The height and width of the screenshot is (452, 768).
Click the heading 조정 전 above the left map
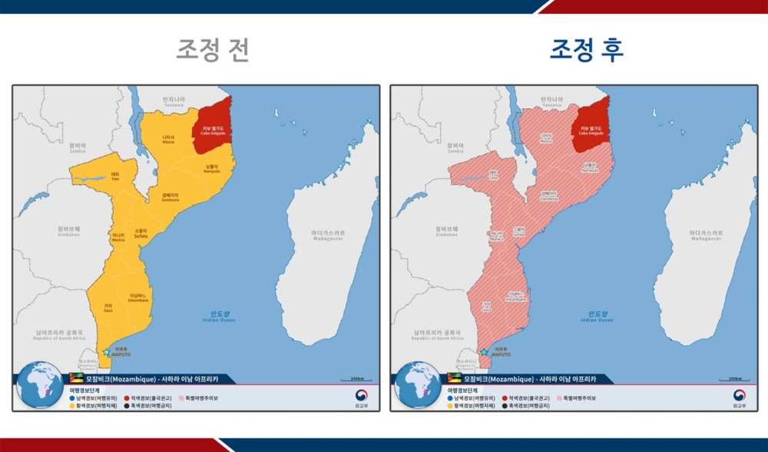click(x=213, y=50)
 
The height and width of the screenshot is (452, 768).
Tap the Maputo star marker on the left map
click(x=106, y=351)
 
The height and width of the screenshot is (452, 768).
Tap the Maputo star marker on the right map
click(x=484, y=351)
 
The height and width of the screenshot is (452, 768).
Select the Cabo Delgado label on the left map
click(x=213, y=130)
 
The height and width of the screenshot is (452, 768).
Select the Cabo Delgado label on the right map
click(x=591, y=130)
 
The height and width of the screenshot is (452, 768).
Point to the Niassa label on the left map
click(x=168, y=139)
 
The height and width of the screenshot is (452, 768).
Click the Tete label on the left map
click(x=115, y=177)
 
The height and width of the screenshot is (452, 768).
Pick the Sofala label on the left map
click(x=141, y=233)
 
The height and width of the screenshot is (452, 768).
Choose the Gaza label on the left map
click(x=108, y=308)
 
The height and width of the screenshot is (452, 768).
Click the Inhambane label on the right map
click(x=516, y=296)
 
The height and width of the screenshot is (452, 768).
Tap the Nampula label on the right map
click(x=590, y=167)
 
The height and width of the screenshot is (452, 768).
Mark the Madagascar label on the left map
click(x=328, y=235)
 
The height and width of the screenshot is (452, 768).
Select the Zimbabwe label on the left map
click(x=68, y=231)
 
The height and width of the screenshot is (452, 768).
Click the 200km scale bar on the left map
click(x=356, y=379)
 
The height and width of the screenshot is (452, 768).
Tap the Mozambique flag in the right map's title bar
click(x=454, y=379)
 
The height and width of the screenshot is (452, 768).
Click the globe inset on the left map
click(x=40, y=384)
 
